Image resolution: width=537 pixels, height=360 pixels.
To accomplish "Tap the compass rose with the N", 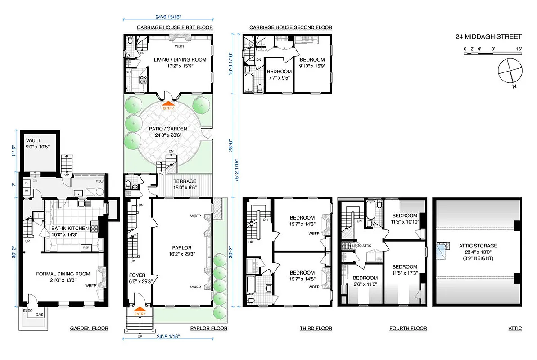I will pos(510,71).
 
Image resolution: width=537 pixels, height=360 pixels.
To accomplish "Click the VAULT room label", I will pos(34,140).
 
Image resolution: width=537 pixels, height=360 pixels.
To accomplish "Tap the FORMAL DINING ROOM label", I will pos(63,274).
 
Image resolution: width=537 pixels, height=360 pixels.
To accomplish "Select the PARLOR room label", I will pos(181,247).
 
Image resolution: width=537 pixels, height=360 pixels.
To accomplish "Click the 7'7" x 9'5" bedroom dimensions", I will pos(279,77).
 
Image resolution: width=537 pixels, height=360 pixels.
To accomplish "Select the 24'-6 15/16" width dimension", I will pos(168,18).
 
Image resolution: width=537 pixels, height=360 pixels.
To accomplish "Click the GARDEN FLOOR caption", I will pos(89,328).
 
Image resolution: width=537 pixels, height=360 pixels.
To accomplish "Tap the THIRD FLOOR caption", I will pos(316,328).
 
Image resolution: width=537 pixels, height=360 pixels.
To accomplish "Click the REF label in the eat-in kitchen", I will pos(85,247).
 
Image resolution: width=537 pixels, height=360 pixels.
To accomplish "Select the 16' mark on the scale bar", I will pos(519,48).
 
